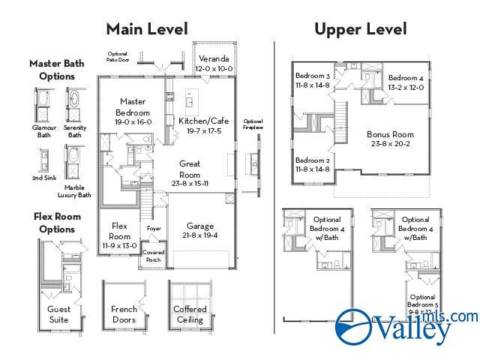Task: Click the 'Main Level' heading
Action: pyautogui.click(x=146, y=28)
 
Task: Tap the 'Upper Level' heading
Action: pyautogui.click(x=361, y=29)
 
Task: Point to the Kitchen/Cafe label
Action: pyautogui.click(x=203, y=121)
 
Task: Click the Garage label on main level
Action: pyautogui.click(x=200, y=226)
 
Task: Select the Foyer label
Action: pyautogui.click(x=154, y=228)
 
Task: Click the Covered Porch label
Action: pyautogui.click(x=154, y=256)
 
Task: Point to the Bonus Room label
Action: pyautogui.click(x=391, y=134)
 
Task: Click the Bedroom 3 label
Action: pyautogui.click(x=312, y=76)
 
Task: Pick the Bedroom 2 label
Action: pyautogui.click(x=312, y=160)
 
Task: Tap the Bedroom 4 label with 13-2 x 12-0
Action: pyautogui.click(x=406, y=78)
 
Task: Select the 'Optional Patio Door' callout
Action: pyautogui.click(x=118, y=56)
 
